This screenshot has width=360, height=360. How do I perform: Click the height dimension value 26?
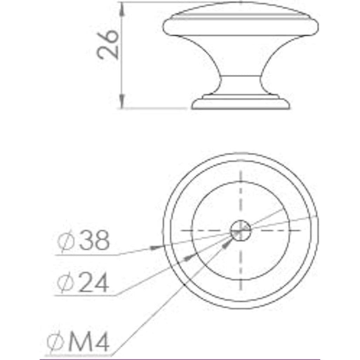point(108,44)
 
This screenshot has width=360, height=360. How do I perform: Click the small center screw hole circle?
point(240,231)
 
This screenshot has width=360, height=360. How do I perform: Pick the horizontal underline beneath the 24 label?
point(84,296)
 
